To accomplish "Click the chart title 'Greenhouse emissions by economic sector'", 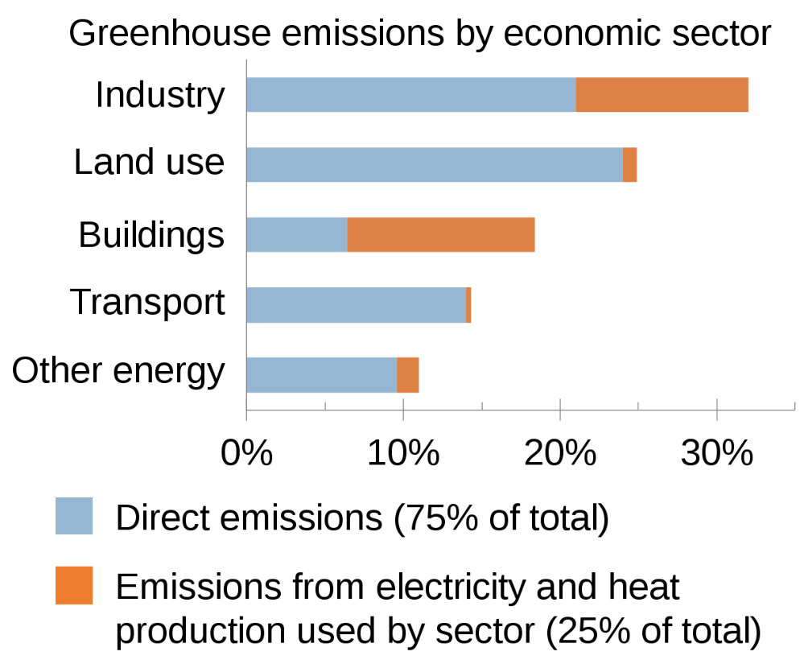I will (x=419, y=34).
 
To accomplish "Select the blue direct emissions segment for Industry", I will (x=410, y=95).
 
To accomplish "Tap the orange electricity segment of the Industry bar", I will (x=662, y=95).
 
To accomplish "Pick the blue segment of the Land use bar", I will (x=434, y=165).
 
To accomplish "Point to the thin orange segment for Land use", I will (x=629, y=165).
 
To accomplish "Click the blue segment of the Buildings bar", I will (x=296, y=234).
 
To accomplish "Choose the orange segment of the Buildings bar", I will (x=440, y=234).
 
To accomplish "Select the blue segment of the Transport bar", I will (x=356, y=305).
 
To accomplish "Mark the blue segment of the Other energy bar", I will (x=321, y=375).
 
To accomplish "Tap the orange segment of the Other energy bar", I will (x=407, y=375).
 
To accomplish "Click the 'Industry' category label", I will (x=160, y=95).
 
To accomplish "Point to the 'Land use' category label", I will (x=149, y=162).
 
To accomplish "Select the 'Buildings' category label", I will (x=151, y=235).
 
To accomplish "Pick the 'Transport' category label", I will (x=147, y=303).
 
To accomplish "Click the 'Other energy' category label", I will (x=118, y=371).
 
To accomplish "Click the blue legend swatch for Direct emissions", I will (x=74, y=516).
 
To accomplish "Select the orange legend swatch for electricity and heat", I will (x=74, y=585).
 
